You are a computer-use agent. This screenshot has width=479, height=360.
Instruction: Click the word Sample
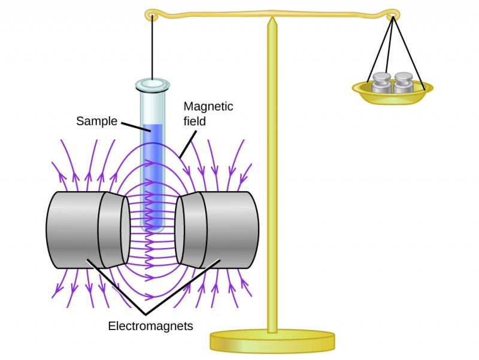click(96, 121)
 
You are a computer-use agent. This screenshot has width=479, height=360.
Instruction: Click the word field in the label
click(195, 121)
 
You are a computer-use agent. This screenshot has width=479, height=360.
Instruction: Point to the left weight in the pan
click(381, 83)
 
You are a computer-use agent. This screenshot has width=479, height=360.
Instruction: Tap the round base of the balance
click(272, 341)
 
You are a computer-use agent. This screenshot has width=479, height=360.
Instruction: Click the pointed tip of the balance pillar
click(272, 22)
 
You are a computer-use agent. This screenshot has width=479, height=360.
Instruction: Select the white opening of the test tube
click(153, 84)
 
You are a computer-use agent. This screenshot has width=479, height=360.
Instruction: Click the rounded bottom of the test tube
click(153, 228)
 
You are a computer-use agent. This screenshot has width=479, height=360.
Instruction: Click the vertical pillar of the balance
click(272, 180)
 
